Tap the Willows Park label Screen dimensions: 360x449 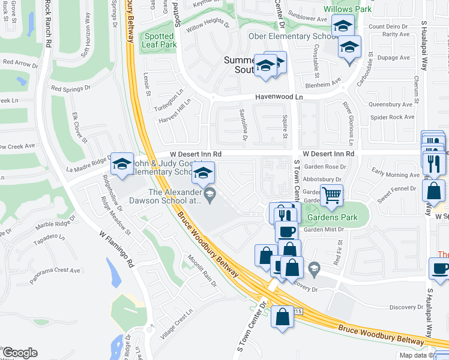348,9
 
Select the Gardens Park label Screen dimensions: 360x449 333,217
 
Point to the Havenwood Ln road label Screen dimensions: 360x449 279,97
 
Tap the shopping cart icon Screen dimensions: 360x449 331,195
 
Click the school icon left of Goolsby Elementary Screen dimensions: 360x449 122,164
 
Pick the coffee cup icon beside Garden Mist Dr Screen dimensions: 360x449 286,232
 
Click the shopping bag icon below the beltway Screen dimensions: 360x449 282,316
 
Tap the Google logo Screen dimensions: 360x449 19,353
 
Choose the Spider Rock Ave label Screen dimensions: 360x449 392,117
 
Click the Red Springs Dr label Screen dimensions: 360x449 70,88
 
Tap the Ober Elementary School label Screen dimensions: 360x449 292,37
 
